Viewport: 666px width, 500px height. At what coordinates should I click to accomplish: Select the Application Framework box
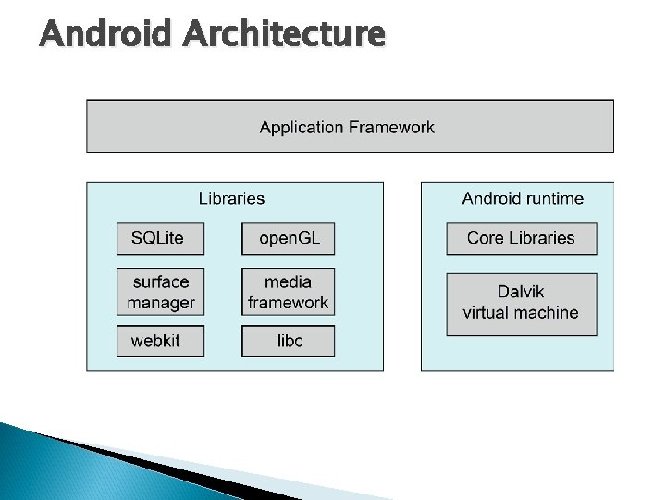click(350, 126)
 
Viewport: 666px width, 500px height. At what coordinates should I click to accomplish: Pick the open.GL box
click(289, 238)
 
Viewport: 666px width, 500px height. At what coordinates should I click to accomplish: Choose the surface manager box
click(161, 292)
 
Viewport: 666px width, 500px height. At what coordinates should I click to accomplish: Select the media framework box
click(289, 292)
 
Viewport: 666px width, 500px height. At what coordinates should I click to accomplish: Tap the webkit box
click(155, 341)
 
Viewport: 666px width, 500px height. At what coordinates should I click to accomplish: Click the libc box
click(290, 341)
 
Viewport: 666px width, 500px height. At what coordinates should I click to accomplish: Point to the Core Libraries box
click(521, 238)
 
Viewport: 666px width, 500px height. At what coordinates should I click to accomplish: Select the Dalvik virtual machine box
click(521, 303)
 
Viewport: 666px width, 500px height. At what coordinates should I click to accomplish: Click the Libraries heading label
click(231, 198)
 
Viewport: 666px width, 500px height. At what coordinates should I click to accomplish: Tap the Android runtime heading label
click(523, 198)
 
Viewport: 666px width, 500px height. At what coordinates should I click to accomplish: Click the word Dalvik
click(521, 292)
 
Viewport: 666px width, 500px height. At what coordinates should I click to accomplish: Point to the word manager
click(161, 303)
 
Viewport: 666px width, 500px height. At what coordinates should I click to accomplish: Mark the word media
click(288, 281)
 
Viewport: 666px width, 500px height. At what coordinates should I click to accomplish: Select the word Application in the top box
click(302, 127)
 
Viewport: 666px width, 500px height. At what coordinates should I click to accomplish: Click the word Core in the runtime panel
click(485, 238)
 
